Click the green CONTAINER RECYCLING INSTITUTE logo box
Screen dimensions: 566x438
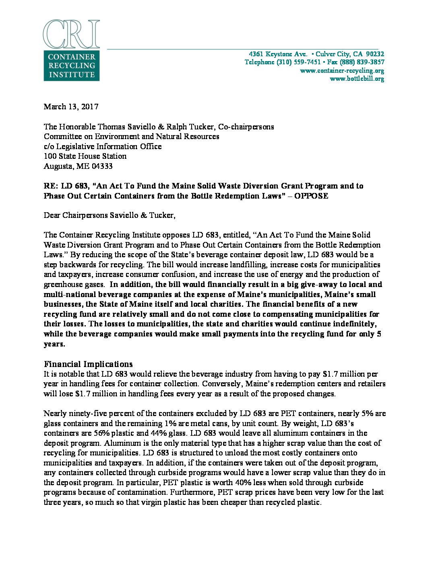[x=71, y=66]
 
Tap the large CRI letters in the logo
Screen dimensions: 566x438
[x=71, y=34]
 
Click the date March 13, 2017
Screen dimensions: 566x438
[x=71, y=107]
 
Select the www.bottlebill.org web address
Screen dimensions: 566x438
[x=357, y=79]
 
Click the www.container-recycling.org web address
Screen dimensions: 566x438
[x=342, y=70]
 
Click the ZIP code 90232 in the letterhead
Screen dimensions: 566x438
[x=375, y=54]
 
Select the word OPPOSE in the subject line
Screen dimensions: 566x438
[x=311, y=196]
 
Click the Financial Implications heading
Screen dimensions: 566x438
[x=88, y=364]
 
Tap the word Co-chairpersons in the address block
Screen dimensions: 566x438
[x=246, y=127]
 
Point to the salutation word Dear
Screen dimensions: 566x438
[x=52, y=215]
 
